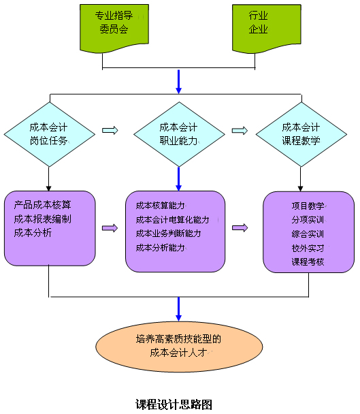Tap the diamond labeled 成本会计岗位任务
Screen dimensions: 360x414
click(50, 134)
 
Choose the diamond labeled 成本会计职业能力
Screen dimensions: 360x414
click(179, 134)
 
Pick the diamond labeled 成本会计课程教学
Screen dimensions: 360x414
click(301, 134)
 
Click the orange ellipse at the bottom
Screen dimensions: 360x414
click(179, 347)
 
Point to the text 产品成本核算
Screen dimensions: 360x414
click(42, 205)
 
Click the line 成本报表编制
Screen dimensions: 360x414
click(42, 219)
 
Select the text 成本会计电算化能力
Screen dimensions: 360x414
click(173, 220)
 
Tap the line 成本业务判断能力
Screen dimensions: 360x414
click(168, 234)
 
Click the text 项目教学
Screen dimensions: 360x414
click(308, 206)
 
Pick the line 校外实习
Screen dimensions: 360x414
click(308, 248)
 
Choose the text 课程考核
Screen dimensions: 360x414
click(308, 261)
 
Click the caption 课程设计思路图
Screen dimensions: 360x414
click(174, 404)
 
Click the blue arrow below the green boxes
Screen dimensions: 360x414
click(179, 82)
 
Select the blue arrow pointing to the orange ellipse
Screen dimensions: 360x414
click(179, 309)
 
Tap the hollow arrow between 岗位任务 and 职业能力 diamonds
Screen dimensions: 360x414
click(110, 130)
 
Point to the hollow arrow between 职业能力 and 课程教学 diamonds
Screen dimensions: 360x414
click(240, 130)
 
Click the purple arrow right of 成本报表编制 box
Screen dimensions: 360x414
click(110, 228)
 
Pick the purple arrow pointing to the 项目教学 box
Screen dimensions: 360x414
click(240, 227)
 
